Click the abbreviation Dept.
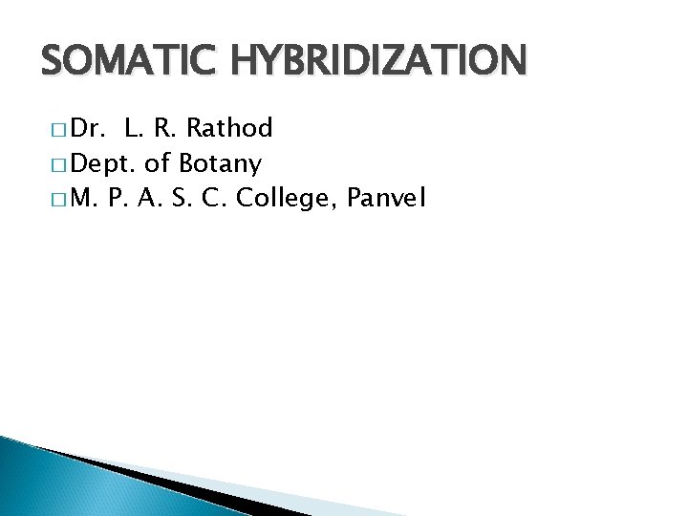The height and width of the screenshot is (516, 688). coord(100,164)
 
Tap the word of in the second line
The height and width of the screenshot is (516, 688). coord(157,163)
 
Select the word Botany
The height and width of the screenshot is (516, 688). coord(221,164)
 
